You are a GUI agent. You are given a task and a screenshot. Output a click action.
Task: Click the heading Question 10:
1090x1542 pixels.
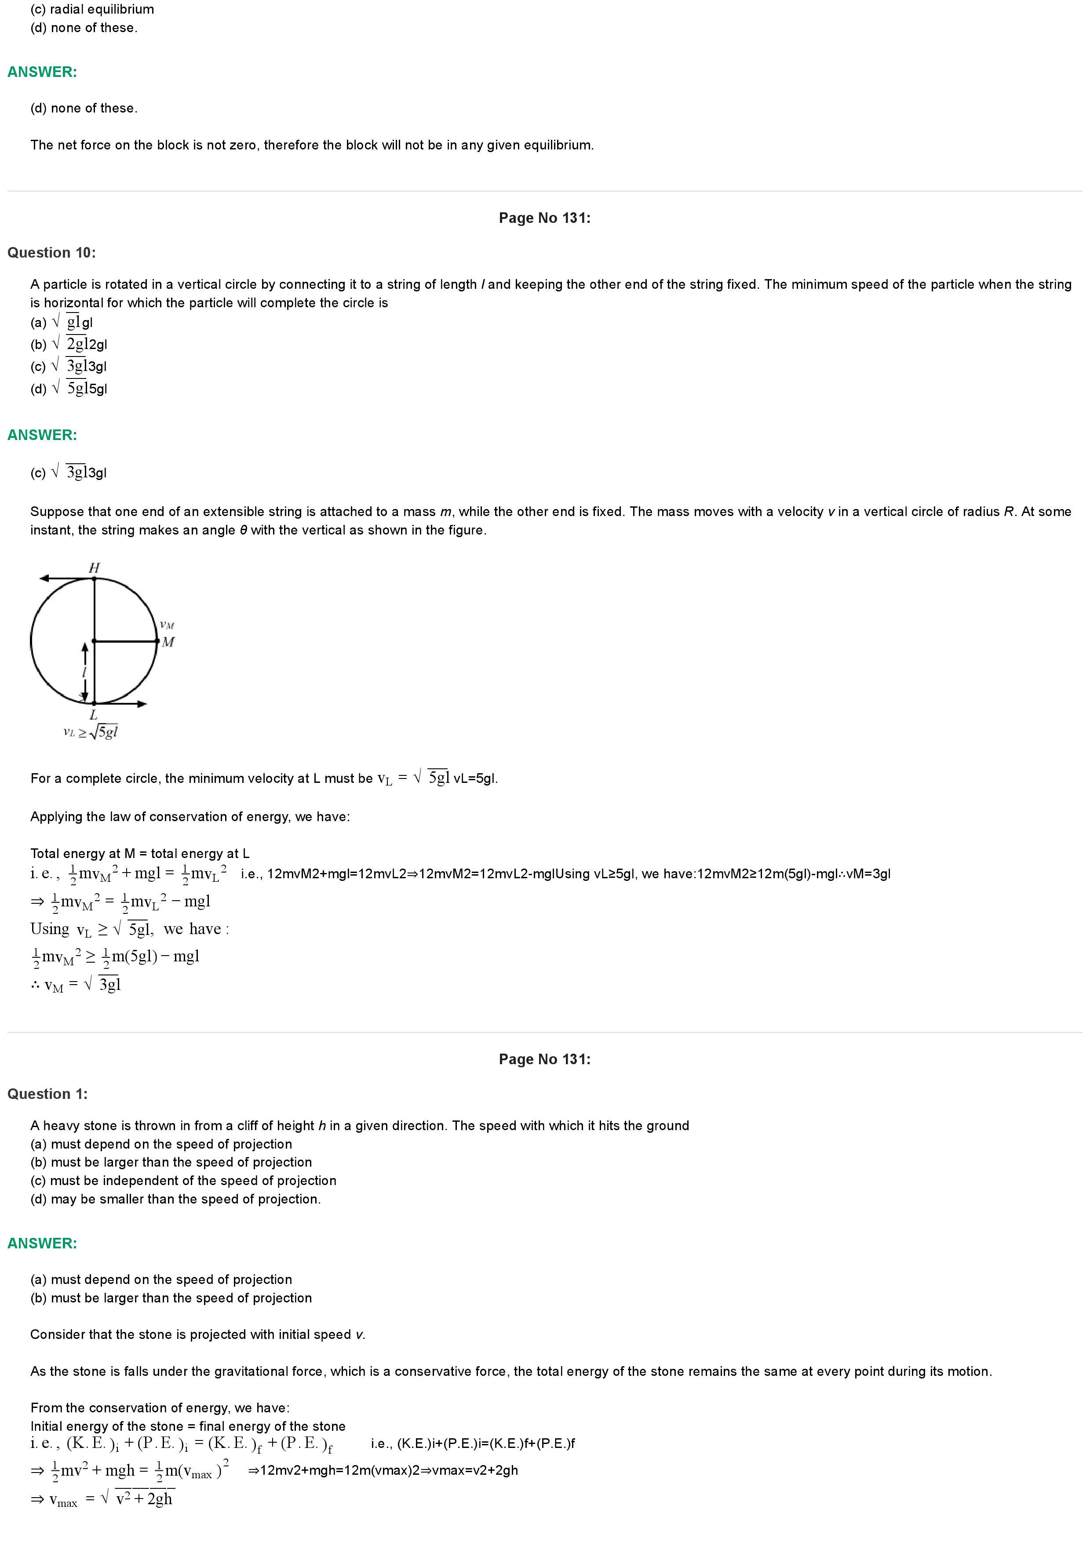pyautogui.click(x=52, y=252)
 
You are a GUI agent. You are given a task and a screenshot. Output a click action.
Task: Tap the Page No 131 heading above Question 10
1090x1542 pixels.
pyautogui.click(x=544, y=218)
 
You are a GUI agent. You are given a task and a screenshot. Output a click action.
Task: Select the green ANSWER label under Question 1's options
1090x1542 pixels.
pyautogui.click(x=42, y=1243)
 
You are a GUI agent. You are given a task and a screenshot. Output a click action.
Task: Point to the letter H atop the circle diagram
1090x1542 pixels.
pyautogui.click(x=94, y=567)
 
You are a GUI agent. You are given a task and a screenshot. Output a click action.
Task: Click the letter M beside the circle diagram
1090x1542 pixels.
pyautogui.click(x=168, y=642)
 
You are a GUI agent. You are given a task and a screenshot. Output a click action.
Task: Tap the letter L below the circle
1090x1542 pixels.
pyautogui.click(x=93, y=715)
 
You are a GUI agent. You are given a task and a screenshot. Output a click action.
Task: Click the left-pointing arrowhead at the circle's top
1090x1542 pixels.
pyautogui.click(x=44, y=578)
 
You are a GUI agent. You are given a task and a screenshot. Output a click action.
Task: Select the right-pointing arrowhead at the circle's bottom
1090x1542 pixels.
pyautogui.click(x=142, y=704)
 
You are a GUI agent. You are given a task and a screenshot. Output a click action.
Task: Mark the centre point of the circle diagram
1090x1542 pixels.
pyautogui.click(x=94, y=641)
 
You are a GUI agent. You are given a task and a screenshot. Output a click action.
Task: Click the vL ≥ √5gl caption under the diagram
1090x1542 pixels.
pyautogui.click(x=90, y=732)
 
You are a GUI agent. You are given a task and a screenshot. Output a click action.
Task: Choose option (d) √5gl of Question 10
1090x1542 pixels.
pyautogui.click(x=69, y=388)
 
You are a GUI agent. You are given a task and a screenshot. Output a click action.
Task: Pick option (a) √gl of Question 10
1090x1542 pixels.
pyautogui.click(x=62, y=322)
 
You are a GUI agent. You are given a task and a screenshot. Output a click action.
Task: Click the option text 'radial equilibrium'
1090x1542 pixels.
pyautogui.click(x=102, y=9)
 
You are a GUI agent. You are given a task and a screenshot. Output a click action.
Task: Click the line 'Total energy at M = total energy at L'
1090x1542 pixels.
pyautogui.click(x=140, y=854)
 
